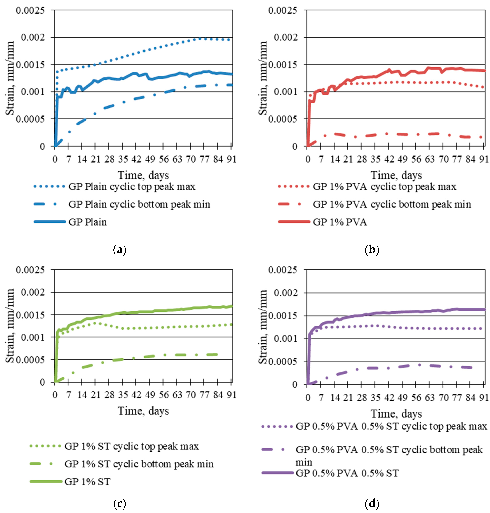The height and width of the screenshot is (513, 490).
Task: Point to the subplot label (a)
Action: pos(120,250)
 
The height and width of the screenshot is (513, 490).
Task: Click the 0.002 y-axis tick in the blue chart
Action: pos(33,37)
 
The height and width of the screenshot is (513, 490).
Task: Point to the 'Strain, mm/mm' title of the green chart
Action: pos(10,326)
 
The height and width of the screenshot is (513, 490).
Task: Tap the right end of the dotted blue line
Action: pos(229,40)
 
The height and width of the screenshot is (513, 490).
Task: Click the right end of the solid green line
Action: pos(232,306)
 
